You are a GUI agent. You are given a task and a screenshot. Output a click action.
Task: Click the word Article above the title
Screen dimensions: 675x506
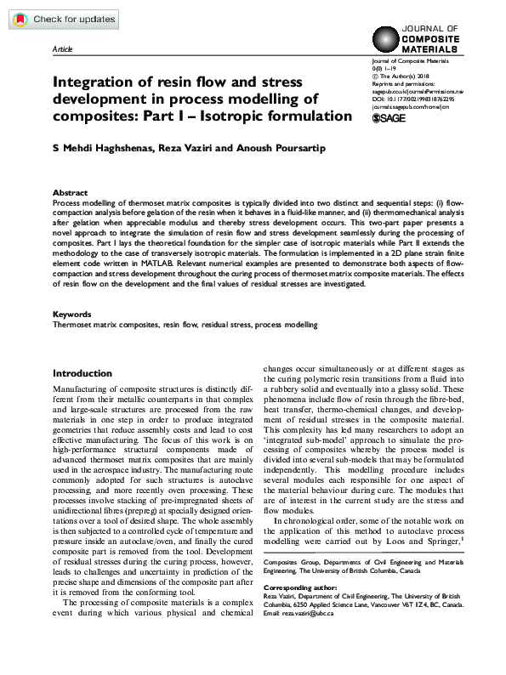pyautogui.click(x=63, y=50)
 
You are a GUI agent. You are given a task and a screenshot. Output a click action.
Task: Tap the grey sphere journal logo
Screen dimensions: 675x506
pyautogui.click(x=388, y=40)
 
